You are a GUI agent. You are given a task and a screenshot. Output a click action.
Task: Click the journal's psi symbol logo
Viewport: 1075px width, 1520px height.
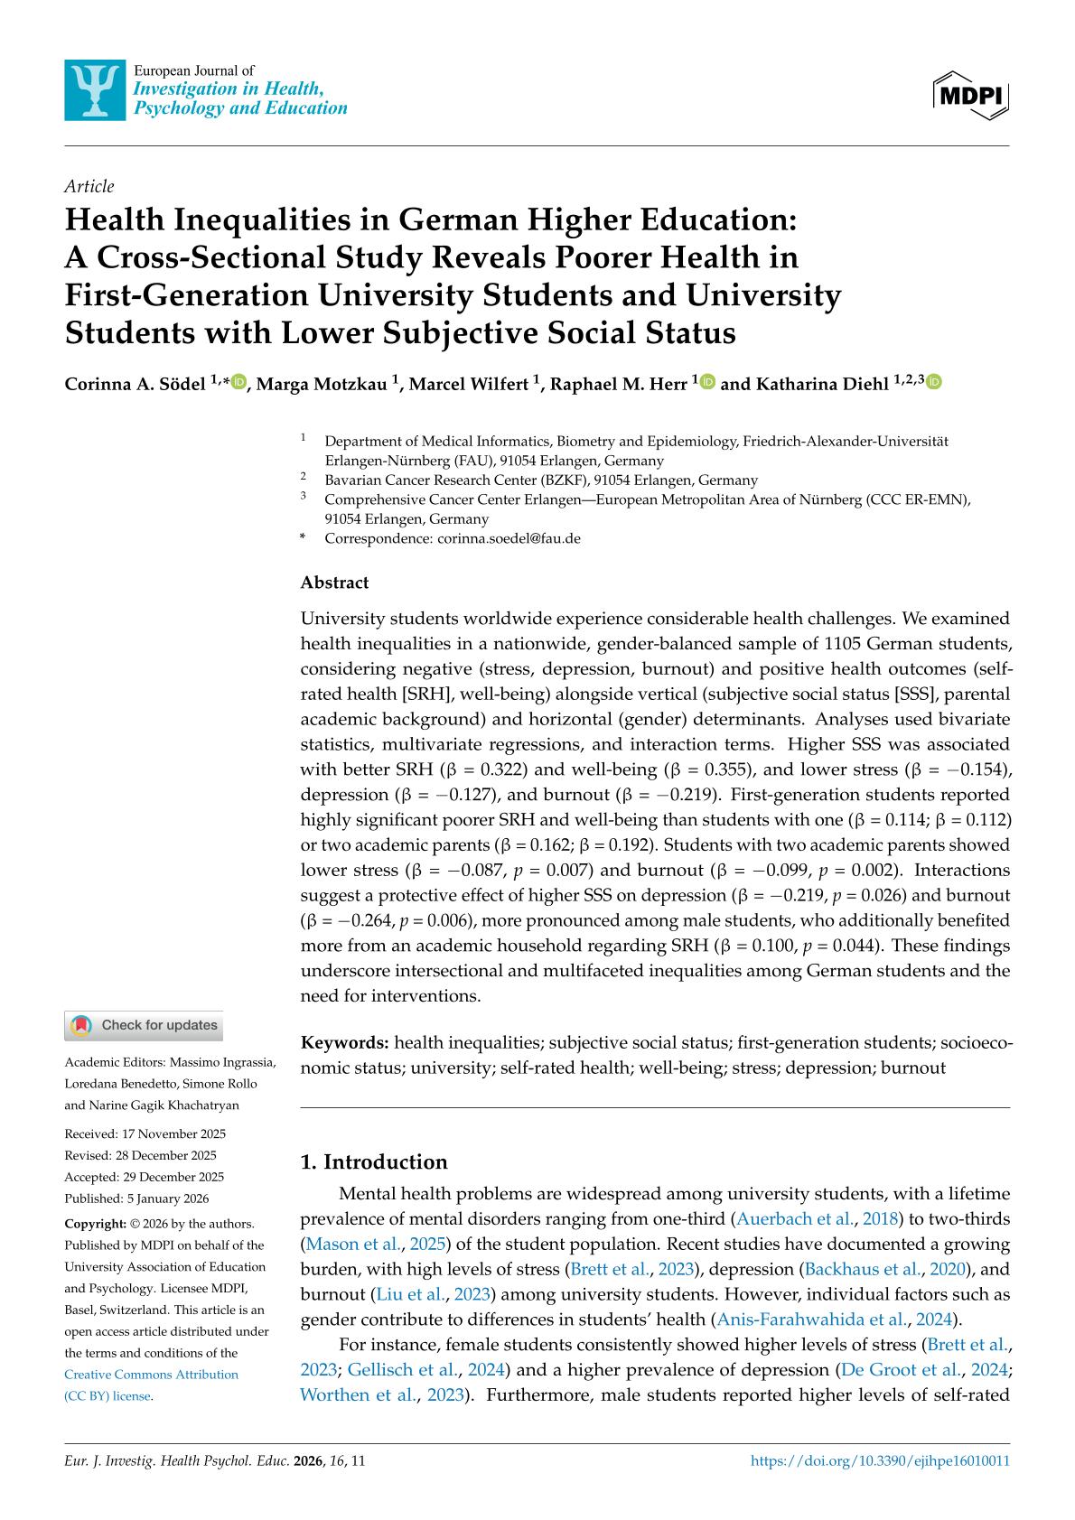[95, 90]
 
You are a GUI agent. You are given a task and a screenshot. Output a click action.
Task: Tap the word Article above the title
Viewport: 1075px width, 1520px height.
[89, 186]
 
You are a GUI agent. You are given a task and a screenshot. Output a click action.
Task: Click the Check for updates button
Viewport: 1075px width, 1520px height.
[145, 1025]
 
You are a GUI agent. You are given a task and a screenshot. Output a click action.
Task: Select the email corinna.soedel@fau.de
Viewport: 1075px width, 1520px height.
[509, 539]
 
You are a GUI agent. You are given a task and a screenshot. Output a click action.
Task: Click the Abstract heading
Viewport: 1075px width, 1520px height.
[334, 583]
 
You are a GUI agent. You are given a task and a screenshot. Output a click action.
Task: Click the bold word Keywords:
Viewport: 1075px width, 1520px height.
[345, 1043]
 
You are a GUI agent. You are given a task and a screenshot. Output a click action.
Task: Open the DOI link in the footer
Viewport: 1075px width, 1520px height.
[880, 1460]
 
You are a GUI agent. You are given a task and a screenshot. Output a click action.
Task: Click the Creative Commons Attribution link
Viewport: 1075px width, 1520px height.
[152, 1375]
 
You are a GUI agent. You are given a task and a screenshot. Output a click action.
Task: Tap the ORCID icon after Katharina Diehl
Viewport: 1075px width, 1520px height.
[934, 383]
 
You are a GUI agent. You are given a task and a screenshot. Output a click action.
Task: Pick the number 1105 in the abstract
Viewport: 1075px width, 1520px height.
[843, 644]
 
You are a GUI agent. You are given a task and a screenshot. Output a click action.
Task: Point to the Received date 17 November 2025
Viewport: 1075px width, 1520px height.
[145, 1133]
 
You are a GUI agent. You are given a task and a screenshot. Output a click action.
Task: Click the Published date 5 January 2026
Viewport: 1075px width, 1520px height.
[136, 1198]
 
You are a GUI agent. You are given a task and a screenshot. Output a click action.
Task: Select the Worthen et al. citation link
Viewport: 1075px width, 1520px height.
[360, 1394]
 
